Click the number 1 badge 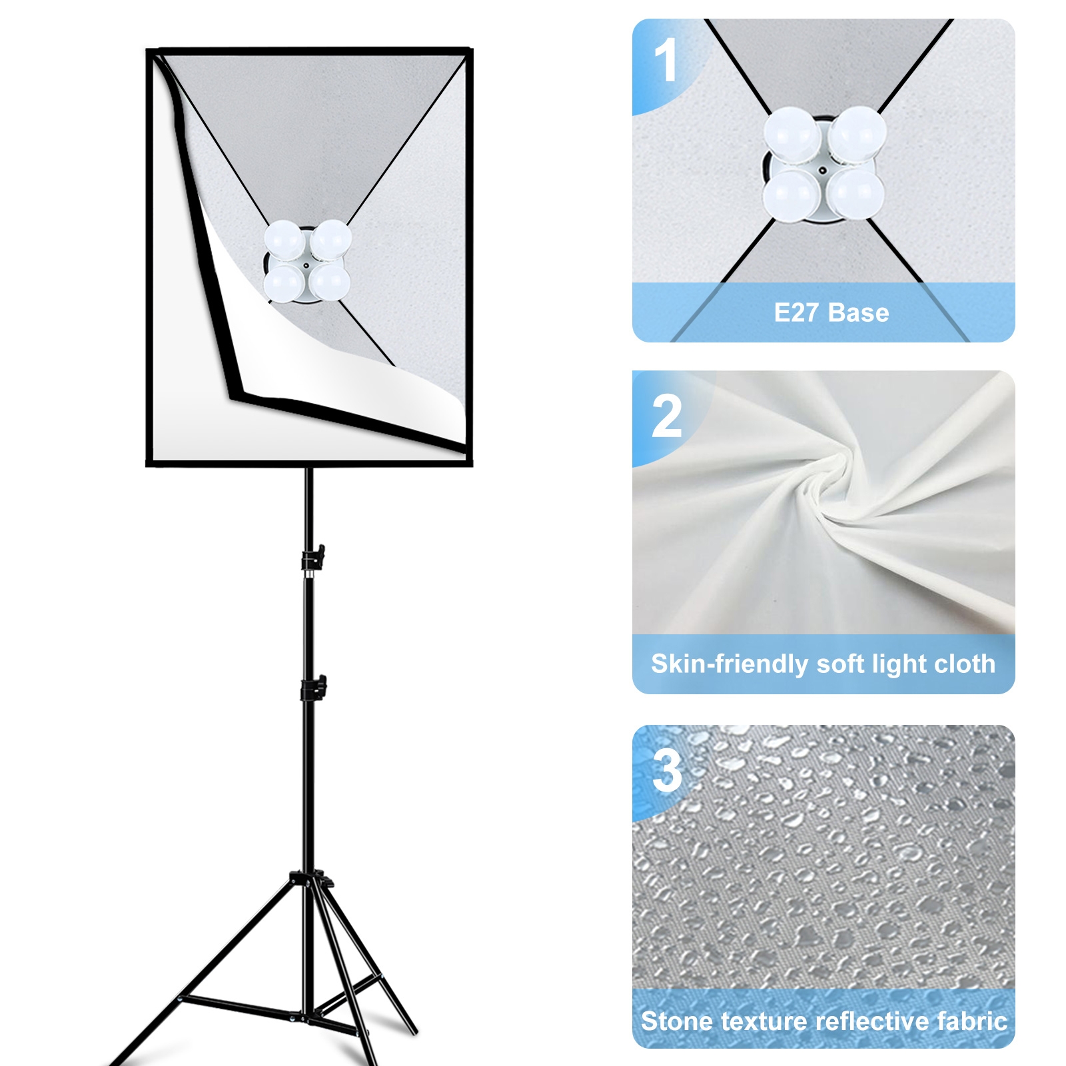pos(666,60)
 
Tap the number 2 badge pos(667,416)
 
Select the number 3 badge pos(668,771)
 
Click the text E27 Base pos(831,312)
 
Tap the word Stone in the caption pos(677,1021)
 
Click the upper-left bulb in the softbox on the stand pos(284,240)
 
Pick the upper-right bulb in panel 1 pos(858,133)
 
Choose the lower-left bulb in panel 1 pos(792,193)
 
